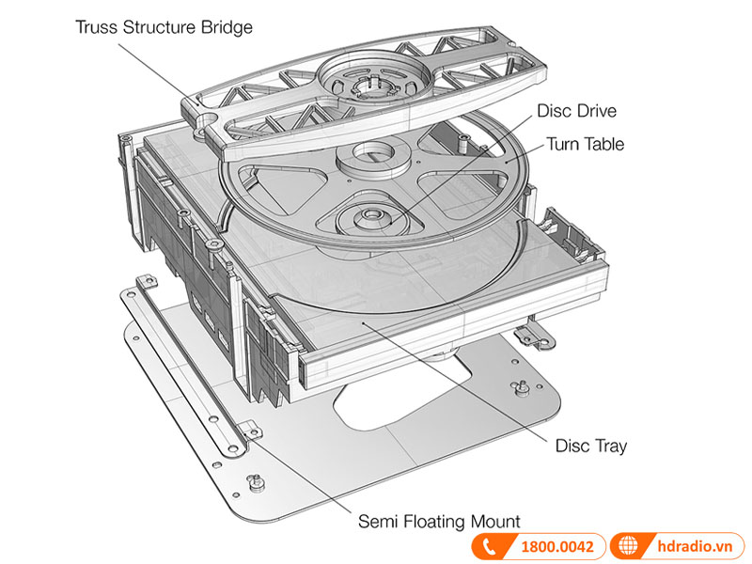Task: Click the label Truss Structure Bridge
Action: tap(164, 27)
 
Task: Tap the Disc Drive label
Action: tap(576, 111)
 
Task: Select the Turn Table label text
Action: tap(586, 144)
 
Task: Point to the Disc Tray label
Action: tap(590, 446)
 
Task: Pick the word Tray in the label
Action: tap(609, 446)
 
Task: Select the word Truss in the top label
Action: tap(95, 27)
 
